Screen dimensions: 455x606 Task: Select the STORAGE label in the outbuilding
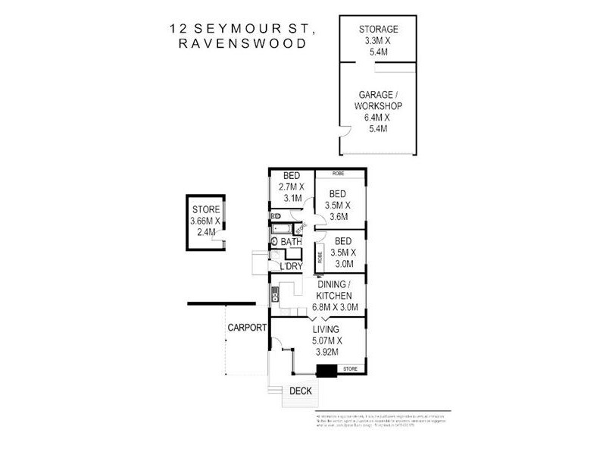(x=378, y=30)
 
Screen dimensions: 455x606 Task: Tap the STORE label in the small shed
(x=205, y=210)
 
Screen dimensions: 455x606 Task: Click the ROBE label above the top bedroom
(x=339, y=174)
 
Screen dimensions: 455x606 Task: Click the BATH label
(x=291, y=242)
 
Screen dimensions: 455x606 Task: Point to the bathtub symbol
(x=285, y=227)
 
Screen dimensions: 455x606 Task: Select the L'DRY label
(x=291, y=266)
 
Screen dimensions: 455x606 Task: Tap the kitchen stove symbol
(x=274, y=294)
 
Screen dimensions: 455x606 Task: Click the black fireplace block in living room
(x=326, y=371)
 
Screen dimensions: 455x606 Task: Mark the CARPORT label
(x=246, y=328)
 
